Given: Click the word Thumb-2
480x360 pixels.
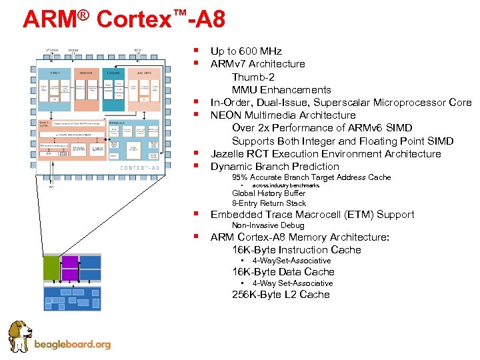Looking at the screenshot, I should (253, 77).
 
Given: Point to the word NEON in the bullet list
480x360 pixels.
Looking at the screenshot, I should (225, 115).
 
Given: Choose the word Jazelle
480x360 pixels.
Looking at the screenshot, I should (228, 154).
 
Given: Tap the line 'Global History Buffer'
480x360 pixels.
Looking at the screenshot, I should (269, 194).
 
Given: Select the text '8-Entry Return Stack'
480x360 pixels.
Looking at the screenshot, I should (269, 203).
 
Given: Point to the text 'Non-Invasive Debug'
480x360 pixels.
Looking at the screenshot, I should (267, 226).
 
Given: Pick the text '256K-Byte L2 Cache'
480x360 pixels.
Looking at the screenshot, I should (281, 295).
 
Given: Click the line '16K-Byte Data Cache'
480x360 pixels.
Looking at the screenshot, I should (283, 272).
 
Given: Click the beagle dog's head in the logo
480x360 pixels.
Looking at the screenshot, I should (19, 332).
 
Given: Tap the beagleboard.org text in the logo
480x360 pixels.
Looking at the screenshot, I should (72, 345).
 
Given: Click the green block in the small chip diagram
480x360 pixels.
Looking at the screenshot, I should (51, 268).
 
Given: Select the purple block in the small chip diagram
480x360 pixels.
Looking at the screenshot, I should (70, 268).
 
